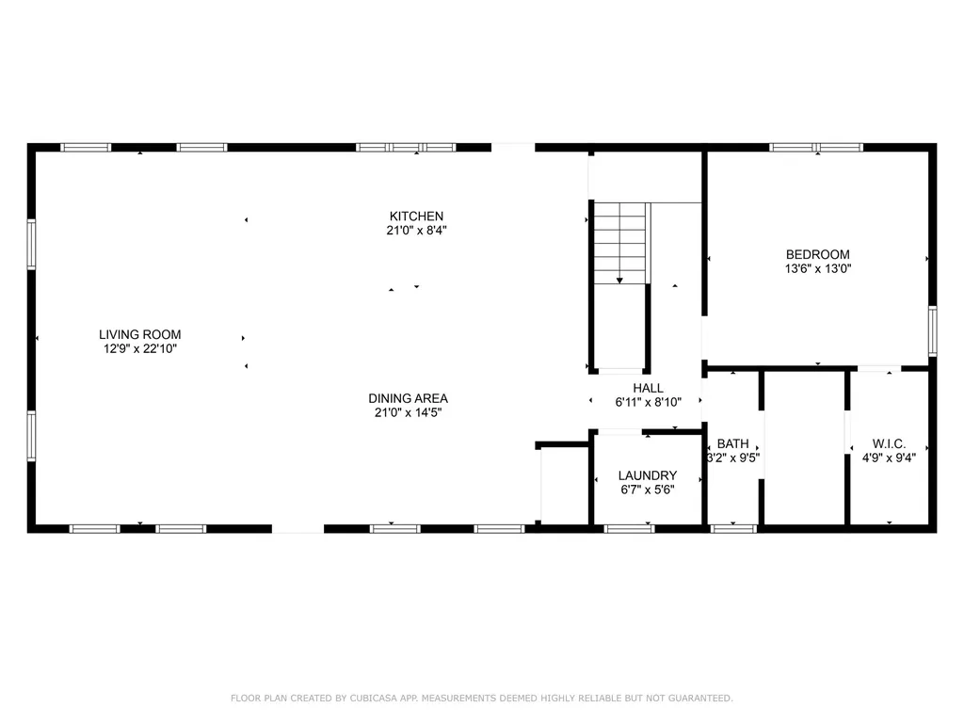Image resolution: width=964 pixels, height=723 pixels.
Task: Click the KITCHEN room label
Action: tap(416, 217)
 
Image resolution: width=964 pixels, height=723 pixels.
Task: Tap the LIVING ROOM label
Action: tap(140, 334)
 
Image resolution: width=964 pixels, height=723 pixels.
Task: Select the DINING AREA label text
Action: tap(408, 398)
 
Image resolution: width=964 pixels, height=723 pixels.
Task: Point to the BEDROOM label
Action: tap(817, 254)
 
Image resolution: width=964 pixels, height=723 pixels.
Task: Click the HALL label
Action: tap(648, 388)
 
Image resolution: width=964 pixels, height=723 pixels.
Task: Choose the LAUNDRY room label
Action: tap(647, 476)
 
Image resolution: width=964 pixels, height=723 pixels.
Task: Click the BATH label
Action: tap(732, 444)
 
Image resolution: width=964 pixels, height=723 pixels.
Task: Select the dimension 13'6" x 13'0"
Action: tap(817, 268)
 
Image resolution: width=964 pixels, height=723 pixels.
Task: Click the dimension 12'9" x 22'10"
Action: tap(140, 348)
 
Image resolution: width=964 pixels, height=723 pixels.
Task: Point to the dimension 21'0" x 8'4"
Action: tap(416, 230)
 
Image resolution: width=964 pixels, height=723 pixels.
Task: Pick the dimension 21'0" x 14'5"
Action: tap(408, 411)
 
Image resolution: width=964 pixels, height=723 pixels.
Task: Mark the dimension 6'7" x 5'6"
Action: tap(647, 490)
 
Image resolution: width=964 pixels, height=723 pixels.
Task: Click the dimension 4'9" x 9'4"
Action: tap(889, 458)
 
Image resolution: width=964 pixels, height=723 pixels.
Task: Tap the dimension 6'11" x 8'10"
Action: tap(648, 402)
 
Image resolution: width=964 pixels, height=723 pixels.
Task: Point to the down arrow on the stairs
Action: tap(619, 279)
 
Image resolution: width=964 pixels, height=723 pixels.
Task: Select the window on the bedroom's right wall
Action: tap(932, 330)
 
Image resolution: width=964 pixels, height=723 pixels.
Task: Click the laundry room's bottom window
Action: tap(629, 529)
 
